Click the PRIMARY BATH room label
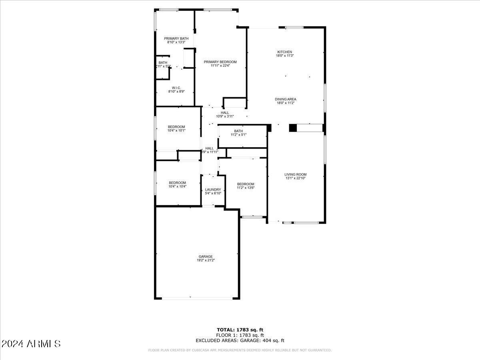click(x=176, y=38)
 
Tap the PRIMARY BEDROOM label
click(x=220, y=62)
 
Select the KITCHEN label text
click(x=285, y=52)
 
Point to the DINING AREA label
click(x=285, y=99)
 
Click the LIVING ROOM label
click(x=295, y=174)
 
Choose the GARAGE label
click(x=206, y=256)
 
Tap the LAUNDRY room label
click(x=213, y=190)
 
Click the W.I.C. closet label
click(x=176, y=88)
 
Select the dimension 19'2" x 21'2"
click(x=206, y=260)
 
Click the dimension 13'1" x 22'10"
click(x=295, y=178)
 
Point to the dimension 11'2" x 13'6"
click(x=245, y=188)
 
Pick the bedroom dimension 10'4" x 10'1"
click(x=176, y=130)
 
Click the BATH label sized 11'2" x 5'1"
click(x=238, y=131)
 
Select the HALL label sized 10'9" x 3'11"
click(x=225, y=113)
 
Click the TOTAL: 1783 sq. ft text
click(x=240, y=330)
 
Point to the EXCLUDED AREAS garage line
click(x=240, y=341)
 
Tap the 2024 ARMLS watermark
click(x=31, y=344)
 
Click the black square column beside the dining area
click(x=293, y=128)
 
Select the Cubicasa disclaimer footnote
click(x=240, y=350)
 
